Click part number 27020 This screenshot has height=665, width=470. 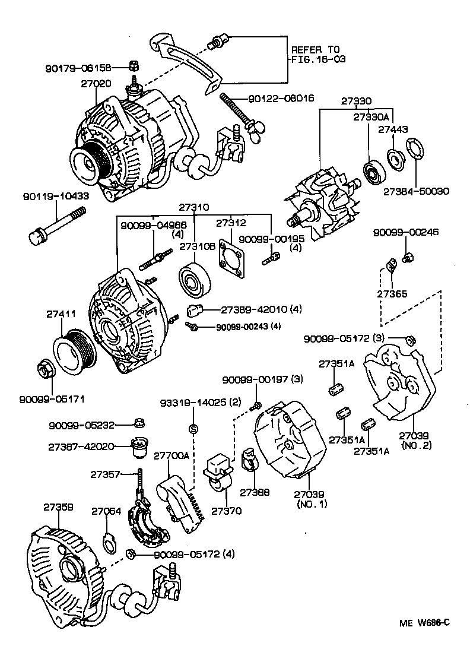[x=96, y=84]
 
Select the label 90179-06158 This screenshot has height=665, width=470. [x=86, y=68]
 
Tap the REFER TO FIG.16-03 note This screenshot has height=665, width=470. [x=317, y=55]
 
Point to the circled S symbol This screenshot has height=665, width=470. [x=193, y=429]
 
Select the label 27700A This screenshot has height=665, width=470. [x=172, y=456]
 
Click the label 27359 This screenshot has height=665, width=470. [x=58, y=507]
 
